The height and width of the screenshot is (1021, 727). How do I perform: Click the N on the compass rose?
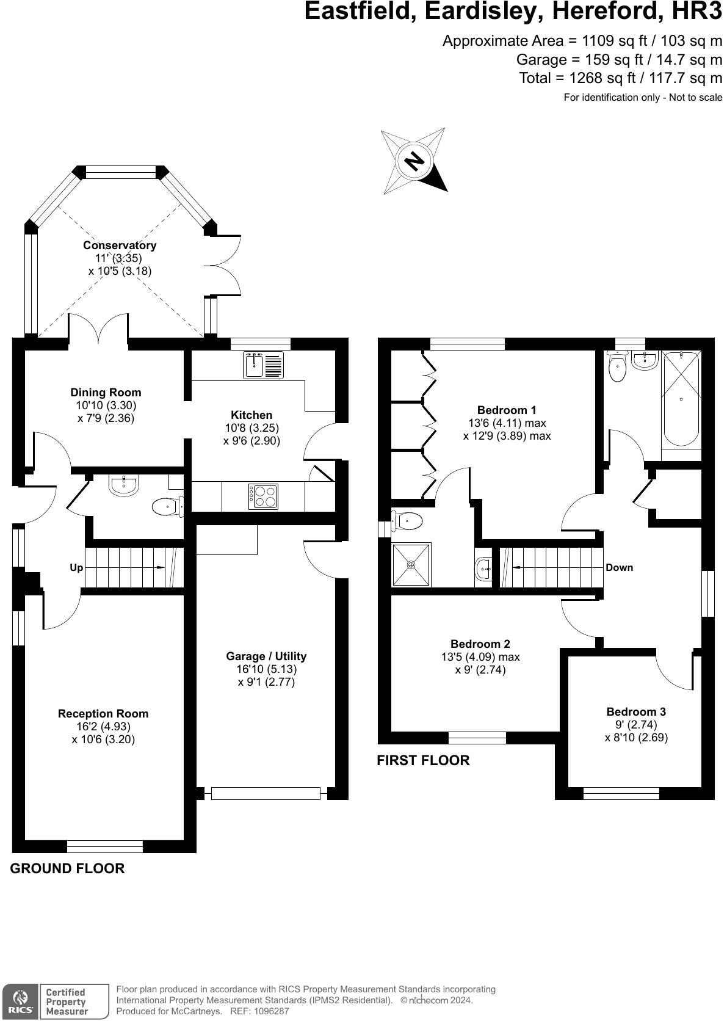414,161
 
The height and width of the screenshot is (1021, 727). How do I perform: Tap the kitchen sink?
263,365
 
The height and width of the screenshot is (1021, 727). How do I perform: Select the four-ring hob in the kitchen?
263,496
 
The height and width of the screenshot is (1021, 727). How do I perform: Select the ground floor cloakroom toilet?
168,506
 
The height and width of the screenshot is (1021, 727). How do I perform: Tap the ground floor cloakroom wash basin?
124,485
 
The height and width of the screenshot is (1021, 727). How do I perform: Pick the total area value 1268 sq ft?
602,78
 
